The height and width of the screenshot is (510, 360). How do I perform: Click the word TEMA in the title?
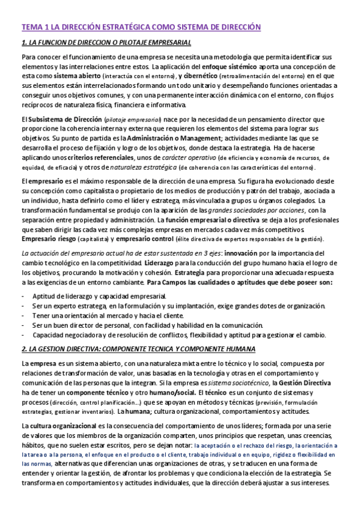32,26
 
